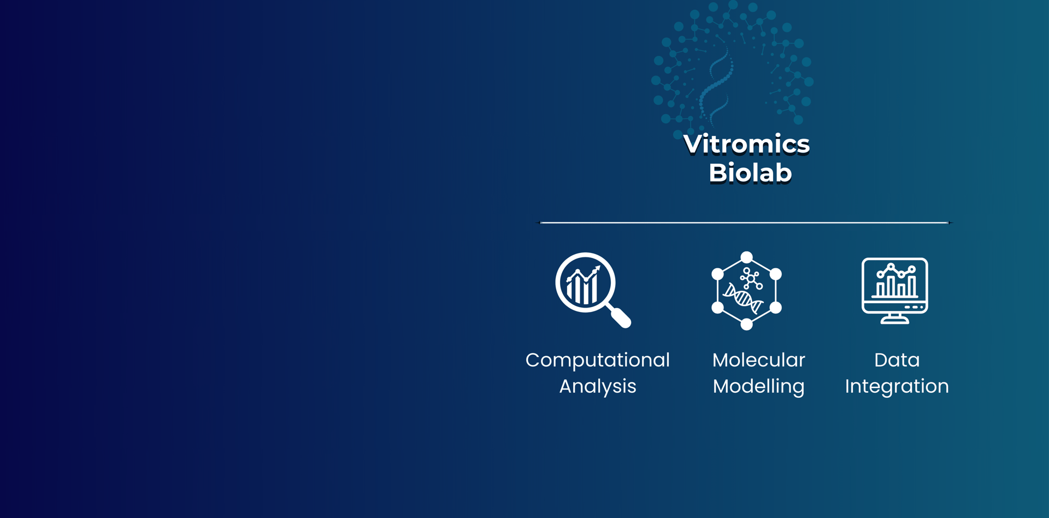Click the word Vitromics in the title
tap(746, 144)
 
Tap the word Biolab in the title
tap(750, 173)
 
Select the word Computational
tap(598, 361)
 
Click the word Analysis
tap(598, 386)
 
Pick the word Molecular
tap(758, 360)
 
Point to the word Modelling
tap(758, 386)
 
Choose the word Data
tap(897, 360)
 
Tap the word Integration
tap(897, 386)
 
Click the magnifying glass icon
tap(593, 290)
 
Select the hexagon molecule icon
tap(746, 291)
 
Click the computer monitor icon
tap(895, 291)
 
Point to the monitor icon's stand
tap(895, 319)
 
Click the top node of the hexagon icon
tap(746, 257)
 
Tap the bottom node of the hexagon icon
tap(746, 324)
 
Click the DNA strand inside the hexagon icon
tap(743, 298)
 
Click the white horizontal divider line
tap(745, 222)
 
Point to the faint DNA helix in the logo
tap(716, 87)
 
